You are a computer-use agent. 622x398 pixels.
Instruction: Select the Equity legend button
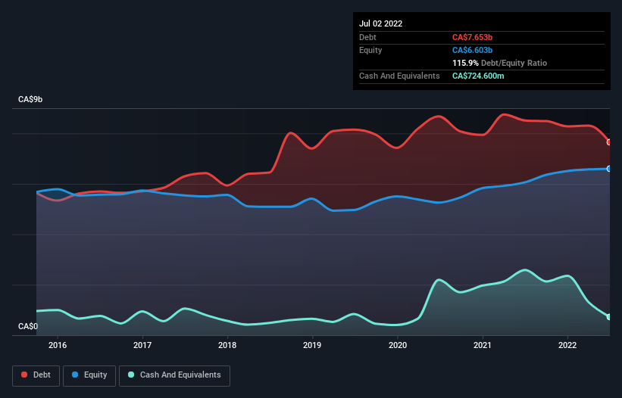pyautogui.click(x=89, y=375)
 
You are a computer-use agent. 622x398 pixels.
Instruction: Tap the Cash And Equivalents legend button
pyautogui.click(x=174, y=375)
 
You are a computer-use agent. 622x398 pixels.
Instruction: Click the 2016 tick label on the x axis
pyautogui.click(x=58, y=346)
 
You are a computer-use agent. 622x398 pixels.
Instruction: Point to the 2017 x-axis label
pyautogui.click(x=142, y=346)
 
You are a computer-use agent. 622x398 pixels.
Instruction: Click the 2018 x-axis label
pyautogui.click(x=227, y=346)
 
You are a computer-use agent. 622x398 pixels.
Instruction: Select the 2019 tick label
pyautogui.click(x=312, y=346)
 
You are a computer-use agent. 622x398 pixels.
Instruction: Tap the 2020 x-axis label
pyautogui.click(x=398, y=346)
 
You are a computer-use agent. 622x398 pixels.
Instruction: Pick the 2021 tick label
pyautogui.click(x=483, y=346)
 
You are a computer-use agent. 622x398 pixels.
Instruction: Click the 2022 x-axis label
pyautogui.click(x=567, y=346)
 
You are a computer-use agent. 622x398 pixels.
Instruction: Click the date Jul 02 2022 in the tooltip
pyautogui.click(x=381, y=23)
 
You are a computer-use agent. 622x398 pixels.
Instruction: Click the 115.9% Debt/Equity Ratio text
pyautogui.click(x=499, y=63)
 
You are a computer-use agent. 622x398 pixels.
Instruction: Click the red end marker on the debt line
pyautogui.click(x=609, y=142)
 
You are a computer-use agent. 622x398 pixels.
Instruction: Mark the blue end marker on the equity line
pyautogui.click(x=609, y=169)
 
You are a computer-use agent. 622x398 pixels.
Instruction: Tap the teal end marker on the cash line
pyautogui.click(x=609, y=317)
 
